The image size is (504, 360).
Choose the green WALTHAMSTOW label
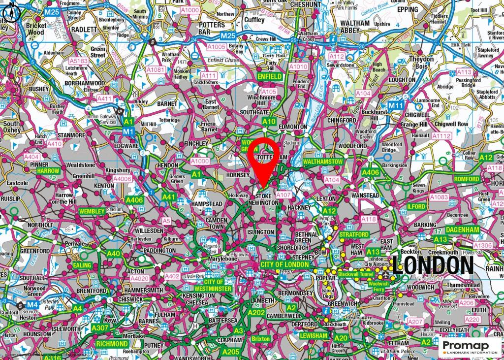pos(323,162)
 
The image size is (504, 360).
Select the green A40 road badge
pos(114,254)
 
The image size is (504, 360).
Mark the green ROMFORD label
pos(467,179)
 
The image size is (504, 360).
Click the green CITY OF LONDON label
pos(285,265)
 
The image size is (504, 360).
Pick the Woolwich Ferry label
pos(378,286)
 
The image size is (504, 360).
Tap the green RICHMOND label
pos(112,343)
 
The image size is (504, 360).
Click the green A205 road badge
pos(230,352)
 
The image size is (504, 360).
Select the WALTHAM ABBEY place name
pos(354,27)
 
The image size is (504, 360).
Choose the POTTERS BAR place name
pos(212,28)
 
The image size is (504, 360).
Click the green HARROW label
pos(48,171)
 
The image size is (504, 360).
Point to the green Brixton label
pos(261,339)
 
